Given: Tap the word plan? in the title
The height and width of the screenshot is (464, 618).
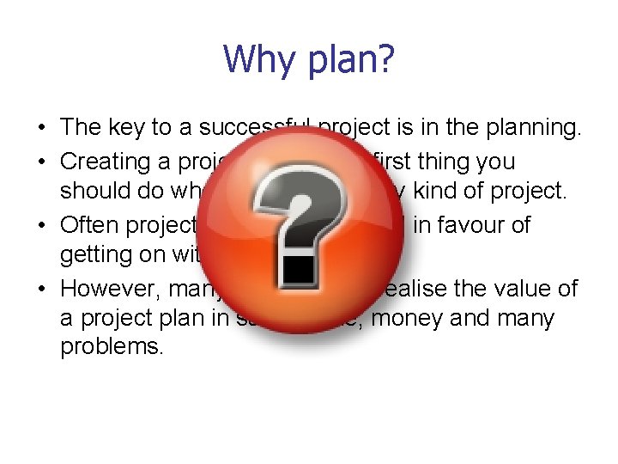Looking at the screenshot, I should (x=354, y=59).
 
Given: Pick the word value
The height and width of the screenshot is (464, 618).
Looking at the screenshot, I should (x=524, y=288).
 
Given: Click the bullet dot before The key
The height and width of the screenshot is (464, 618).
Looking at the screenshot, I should (x=41, y=128).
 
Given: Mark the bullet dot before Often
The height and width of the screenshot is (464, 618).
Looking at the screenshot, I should (x=41, y=225).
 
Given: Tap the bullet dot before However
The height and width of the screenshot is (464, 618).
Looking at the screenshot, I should (x=41, y=289).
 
